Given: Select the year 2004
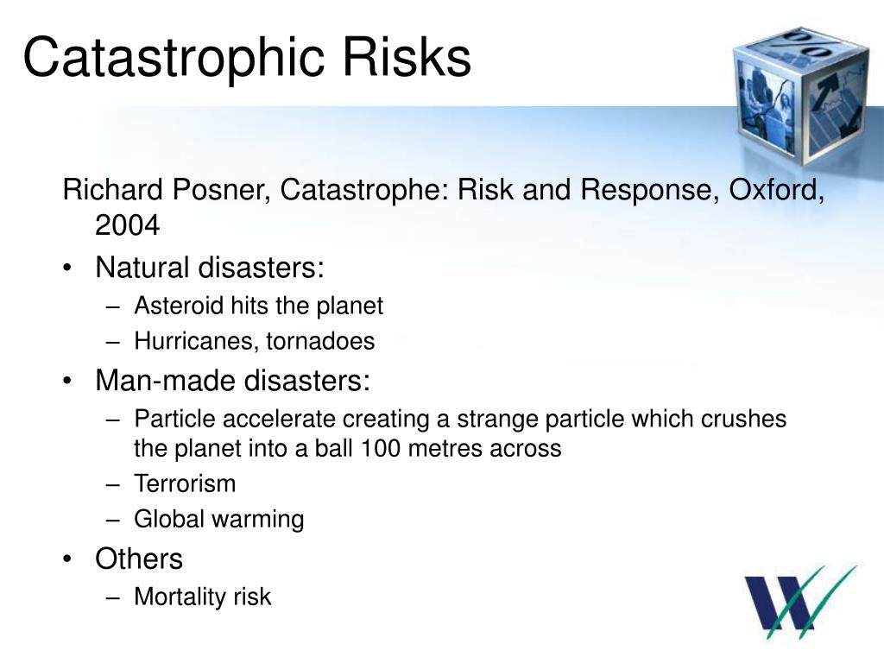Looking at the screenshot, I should click(x=127, y=226).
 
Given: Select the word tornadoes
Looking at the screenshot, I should click(x=320, y=342).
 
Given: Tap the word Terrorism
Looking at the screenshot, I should click(x=185, y=483).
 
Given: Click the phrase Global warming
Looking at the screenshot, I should click(x=219, y=519).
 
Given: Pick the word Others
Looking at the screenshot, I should click(x=139, y=559).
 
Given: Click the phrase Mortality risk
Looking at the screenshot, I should click(x=203, y=597).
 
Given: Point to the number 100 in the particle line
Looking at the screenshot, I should click(x=380, y=449).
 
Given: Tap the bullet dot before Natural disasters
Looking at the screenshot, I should click(x=69, y=268).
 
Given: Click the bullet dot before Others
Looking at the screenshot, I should click(x=69, y=559).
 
